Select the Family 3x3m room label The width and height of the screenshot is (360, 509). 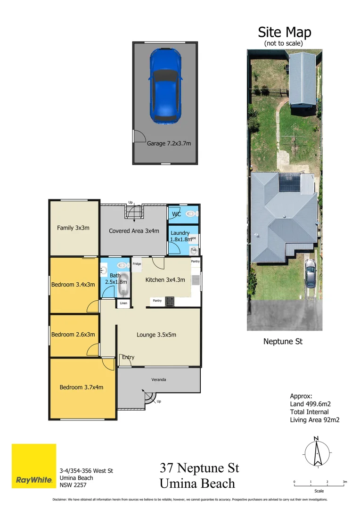73,228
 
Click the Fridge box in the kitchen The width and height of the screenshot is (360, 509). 137,264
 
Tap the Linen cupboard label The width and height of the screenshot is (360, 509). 123,303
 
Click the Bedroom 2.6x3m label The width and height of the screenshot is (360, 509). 73,335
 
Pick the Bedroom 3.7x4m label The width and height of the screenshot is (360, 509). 81,387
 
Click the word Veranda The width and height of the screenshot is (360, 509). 158,379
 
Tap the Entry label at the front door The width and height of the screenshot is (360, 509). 128,357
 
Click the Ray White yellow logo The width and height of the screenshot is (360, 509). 34,466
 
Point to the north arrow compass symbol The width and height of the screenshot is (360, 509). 316,452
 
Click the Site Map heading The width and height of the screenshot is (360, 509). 284,33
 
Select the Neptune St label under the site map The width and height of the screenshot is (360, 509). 283,342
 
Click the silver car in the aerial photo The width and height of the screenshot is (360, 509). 310,274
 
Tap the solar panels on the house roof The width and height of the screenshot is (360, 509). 290,182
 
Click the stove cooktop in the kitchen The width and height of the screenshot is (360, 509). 169,301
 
